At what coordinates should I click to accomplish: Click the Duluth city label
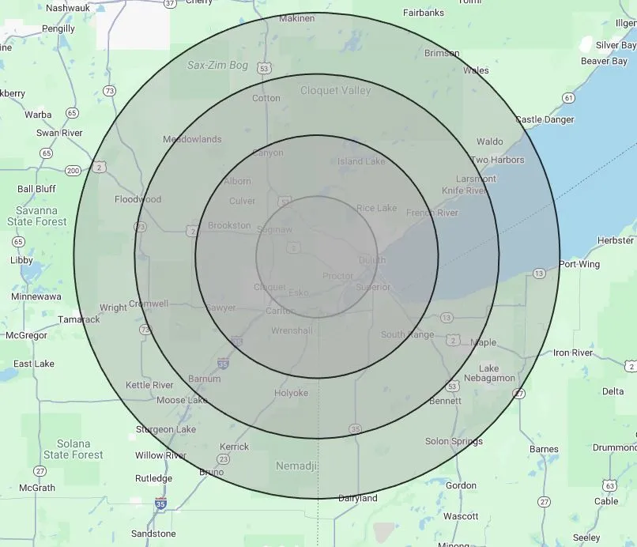point(372,260)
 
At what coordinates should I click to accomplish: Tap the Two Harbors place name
point(497,160)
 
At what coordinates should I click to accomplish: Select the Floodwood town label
point(138,199)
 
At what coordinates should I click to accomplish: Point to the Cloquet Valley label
point(335,91)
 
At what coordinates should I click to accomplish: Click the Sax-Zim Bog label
point(217,66)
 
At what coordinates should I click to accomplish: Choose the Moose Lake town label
point(182,400)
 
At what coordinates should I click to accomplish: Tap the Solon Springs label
point(454,441)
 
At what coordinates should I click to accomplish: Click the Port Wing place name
point(579,264)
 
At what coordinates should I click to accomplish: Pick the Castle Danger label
point(545,119)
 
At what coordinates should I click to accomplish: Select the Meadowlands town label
point(192,139)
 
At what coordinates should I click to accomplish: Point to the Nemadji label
point(296,466)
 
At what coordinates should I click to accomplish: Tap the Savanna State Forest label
point(43,216)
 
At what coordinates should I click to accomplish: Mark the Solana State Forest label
point(73,449)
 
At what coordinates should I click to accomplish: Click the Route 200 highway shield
point(73,170)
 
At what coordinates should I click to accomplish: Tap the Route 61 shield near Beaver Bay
point(567,97)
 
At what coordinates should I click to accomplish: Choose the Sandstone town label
point(153,534)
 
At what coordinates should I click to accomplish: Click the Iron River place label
point(573,353)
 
